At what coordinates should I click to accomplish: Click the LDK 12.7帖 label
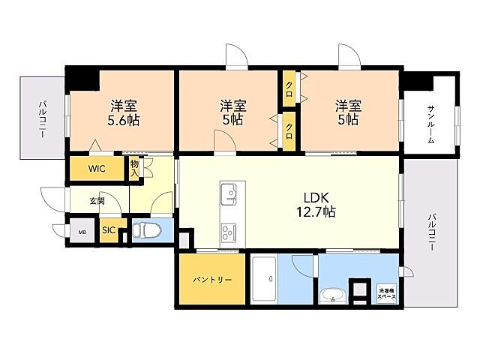click(316, 205)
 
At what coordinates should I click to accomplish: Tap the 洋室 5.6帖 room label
click(123, 113)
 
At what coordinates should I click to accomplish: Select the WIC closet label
click(97, 168)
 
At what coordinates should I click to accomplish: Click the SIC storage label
click(109, 230)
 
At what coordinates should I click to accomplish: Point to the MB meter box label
click(82, 232)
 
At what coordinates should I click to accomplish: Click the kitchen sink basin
click(229, 194)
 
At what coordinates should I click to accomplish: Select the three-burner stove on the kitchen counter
click(229, 232)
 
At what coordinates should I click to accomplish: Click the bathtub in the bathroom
click(265, 280)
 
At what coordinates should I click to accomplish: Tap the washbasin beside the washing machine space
click(332, 296)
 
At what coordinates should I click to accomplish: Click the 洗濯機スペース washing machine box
click(387, 293)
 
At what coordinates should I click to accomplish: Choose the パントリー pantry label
click(212, 280)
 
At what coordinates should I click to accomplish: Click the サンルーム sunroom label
click(431, 124)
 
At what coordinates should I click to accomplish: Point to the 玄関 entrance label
click(97, 201)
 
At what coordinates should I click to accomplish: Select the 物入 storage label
click(135, 168)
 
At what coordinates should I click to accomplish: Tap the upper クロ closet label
click(289, 88)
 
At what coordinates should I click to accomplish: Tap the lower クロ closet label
click(289, 132)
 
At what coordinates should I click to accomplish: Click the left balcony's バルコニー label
click(43, 119)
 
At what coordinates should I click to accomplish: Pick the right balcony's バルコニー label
click(432, 232)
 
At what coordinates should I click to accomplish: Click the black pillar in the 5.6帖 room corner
click(82, 78)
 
